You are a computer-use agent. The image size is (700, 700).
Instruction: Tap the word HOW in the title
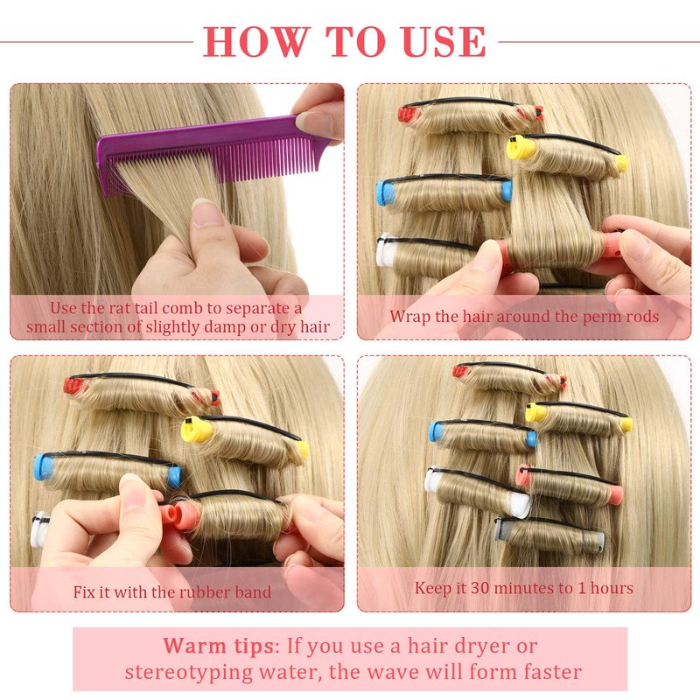pyautogui.click(x=256, y=41)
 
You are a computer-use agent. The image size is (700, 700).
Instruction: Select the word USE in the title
pyautogui.click(x=444, y=41)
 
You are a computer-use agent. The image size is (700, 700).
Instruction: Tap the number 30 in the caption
pyautogui.click(x=480, y=588)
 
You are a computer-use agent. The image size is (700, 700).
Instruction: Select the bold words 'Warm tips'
pyautogui.click(x=219, y=646)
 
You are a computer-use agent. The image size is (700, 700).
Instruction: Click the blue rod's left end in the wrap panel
pyautogui.click(x=386, y=192)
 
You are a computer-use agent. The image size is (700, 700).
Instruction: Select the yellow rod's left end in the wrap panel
pyautogui.click(x=520, y=147)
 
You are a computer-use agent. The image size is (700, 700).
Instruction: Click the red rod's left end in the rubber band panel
pyautogui.click(x=73, y=386)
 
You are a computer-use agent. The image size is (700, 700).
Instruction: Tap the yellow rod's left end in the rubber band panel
pyautogui.click(x=195, y=429)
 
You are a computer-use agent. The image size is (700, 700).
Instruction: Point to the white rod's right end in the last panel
pyautogui.click(x=521, y=505)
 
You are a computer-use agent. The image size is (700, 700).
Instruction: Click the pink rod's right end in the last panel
pyautogui.click(x=616, y=494)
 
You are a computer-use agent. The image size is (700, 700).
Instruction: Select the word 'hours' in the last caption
pyautogui.click(x=612, y=588)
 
